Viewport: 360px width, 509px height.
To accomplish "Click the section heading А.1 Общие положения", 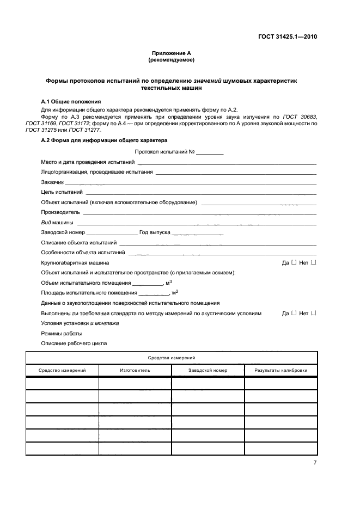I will tap(71, 102).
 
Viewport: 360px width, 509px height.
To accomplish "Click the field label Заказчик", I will tap(52, 182).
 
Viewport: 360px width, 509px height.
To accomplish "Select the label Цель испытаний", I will tap(62, 192).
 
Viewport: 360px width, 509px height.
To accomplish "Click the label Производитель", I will tap(60, 212).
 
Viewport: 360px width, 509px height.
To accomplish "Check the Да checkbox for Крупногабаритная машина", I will tap(294, 262).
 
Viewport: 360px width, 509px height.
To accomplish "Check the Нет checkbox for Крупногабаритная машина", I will tap(313, 262).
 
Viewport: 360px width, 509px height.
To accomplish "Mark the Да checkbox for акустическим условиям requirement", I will tap(294, 313).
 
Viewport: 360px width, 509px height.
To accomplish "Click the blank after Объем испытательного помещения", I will tap(147, 283).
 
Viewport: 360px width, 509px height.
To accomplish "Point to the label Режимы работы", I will tap(62, 333).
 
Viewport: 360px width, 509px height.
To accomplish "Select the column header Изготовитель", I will tap(135, 370).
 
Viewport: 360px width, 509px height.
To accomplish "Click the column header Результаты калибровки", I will tap(280, 370).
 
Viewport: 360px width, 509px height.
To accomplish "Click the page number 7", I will tap(315, 462).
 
